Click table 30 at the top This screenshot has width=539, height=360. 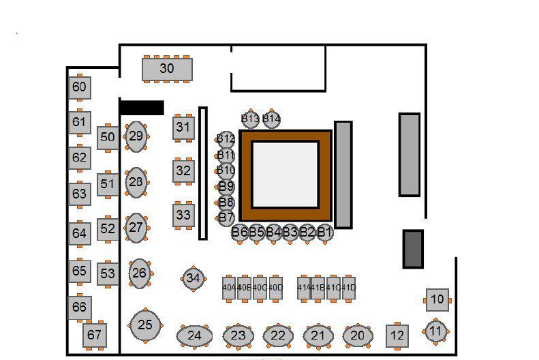(x=167, y=69)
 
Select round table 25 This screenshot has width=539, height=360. (x=145, y=325)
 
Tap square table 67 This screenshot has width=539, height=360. (x=94, y=335)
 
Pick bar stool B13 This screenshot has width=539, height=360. (x=250, y=119)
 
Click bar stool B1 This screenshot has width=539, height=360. (x=324, y=232)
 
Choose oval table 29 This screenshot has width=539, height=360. (x=136, y=136)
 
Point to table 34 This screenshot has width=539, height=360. (x=194, y=278)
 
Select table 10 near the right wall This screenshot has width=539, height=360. (x=437, y=299)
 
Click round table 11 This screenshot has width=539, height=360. (x=435, y=331)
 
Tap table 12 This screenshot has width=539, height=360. (x=397, y=335)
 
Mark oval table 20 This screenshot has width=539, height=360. (x=357, y=335)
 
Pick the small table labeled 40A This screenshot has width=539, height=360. (x=229, y=288)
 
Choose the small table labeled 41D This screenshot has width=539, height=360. (x=349, y=288)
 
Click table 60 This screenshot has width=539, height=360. (x=80, y=87)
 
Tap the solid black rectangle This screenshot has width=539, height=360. (x=142, y=108)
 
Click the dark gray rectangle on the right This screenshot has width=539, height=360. (x=413, y=249)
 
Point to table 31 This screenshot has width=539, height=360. (x=183, y=127)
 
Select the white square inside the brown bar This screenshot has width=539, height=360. (x=286, y=175)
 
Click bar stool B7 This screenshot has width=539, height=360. (x=226, y=218)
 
